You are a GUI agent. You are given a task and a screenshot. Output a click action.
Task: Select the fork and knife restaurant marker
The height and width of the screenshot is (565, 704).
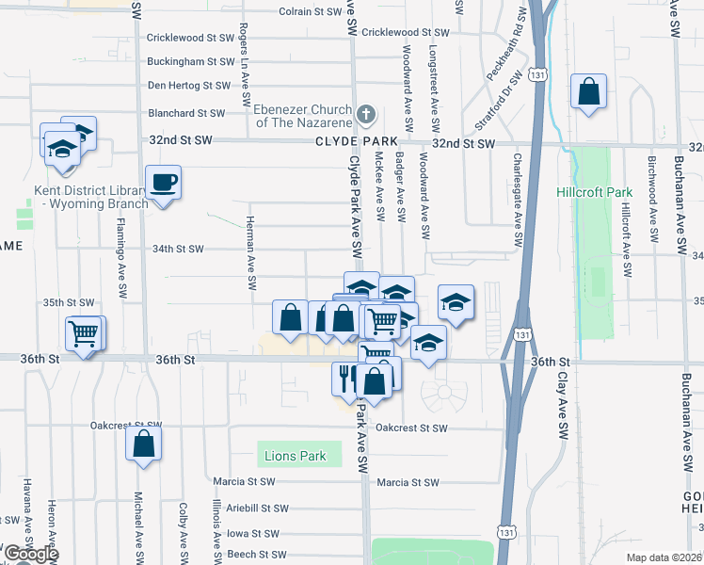coord(345,377)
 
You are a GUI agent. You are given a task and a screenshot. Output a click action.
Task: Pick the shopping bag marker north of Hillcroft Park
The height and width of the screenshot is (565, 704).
coord(588,91)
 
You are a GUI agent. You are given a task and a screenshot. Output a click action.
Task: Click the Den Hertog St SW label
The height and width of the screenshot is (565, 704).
coord(188,86)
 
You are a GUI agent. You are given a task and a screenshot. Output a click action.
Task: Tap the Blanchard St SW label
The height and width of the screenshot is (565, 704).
coord(185,113)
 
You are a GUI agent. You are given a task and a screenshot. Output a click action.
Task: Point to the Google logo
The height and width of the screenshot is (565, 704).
coord(32,554)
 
